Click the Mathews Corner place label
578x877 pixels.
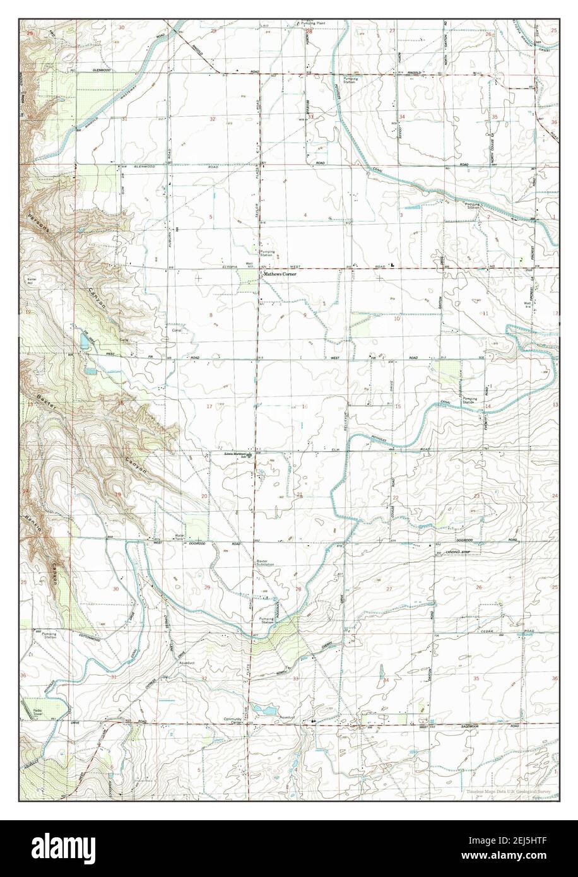point(280,275)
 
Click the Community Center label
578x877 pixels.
point(233,721)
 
